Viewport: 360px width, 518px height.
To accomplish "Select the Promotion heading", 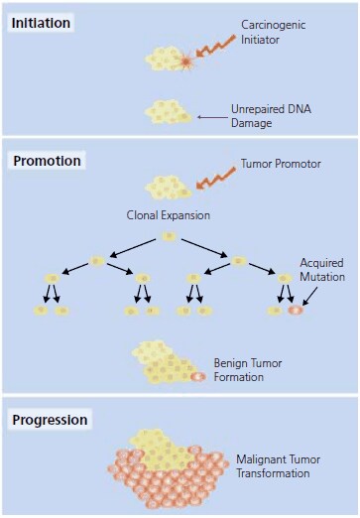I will pyautogui.click(x=46, y=161).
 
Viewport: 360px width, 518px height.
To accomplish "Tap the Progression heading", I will pyautogui.click(x=50, y=420).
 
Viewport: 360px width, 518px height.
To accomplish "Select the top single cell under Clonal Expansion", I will pyautogui.click(x=169, y=236).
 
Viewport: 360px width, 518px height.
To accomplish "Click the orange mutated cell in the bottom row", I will pyautogui.click(x=295, y=311).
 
